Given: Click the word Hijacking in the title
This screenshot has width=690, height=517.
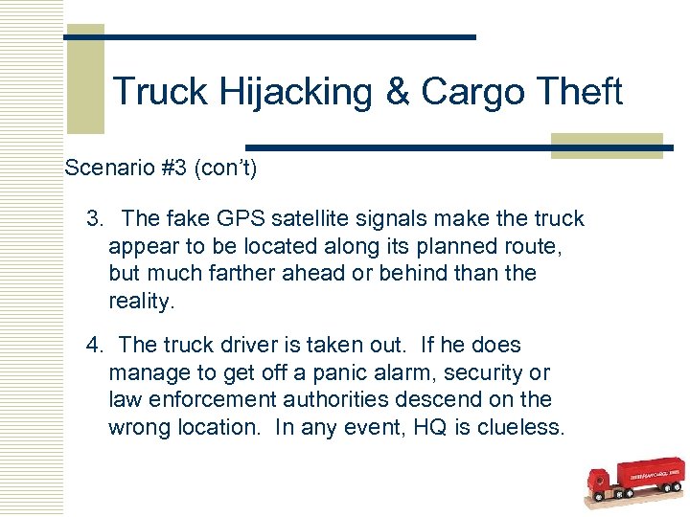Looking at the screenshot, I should [297, 92].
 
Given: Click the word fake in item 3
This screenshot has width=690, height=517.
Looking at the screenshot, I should [186, 219].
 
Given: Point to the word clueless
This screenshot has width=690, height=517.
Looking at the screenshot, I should [517, 427].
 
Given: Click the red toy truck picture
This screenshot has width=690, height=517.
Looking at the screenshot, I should [633, 484].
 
